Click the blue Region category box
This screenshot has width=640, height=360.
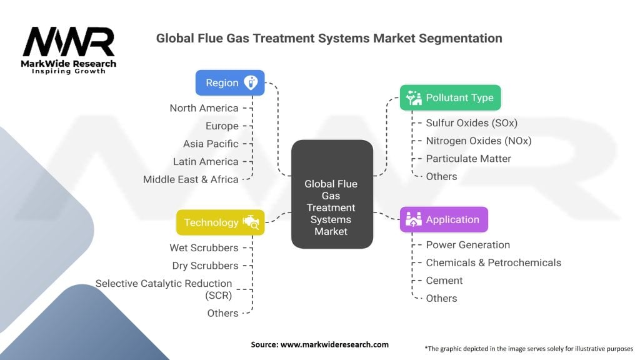point(229,82)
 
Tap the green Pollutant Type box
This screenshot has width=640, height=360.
point(450,97)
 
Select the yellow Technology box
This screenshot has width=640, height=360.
point(220,222)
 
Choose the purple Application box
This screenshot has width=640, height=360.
point(444,219)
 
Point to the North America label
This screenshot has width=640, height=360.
point(204,108)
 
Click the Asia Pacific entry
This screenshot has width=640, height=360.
point(211,144)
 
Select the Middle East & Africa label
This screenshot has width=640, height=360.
point(191,179)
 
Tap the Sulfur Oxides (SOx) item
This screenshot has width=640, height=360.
point(471,123)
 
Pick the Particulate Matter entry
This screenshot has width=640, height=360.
point(468,159)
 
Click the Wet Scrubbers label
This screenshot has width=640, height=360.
point(204,247)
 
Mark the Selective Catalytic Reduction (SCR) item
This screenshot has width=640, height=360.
point(164,289)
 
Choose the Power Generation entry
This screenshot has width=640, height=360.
point(467,245)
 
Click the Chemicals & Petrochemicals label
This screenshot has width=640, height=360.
point(493,262)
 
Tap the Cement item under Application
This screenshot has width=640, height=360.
point(444,281)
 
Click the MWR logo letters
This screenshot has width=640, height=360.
point(69,42)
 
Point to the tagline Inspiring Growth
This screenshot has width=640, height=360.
point(69,71)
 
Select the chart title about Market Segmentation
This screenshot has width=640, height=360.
point(329,38)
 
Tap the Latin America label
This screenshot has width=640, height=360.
point(206,162)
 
